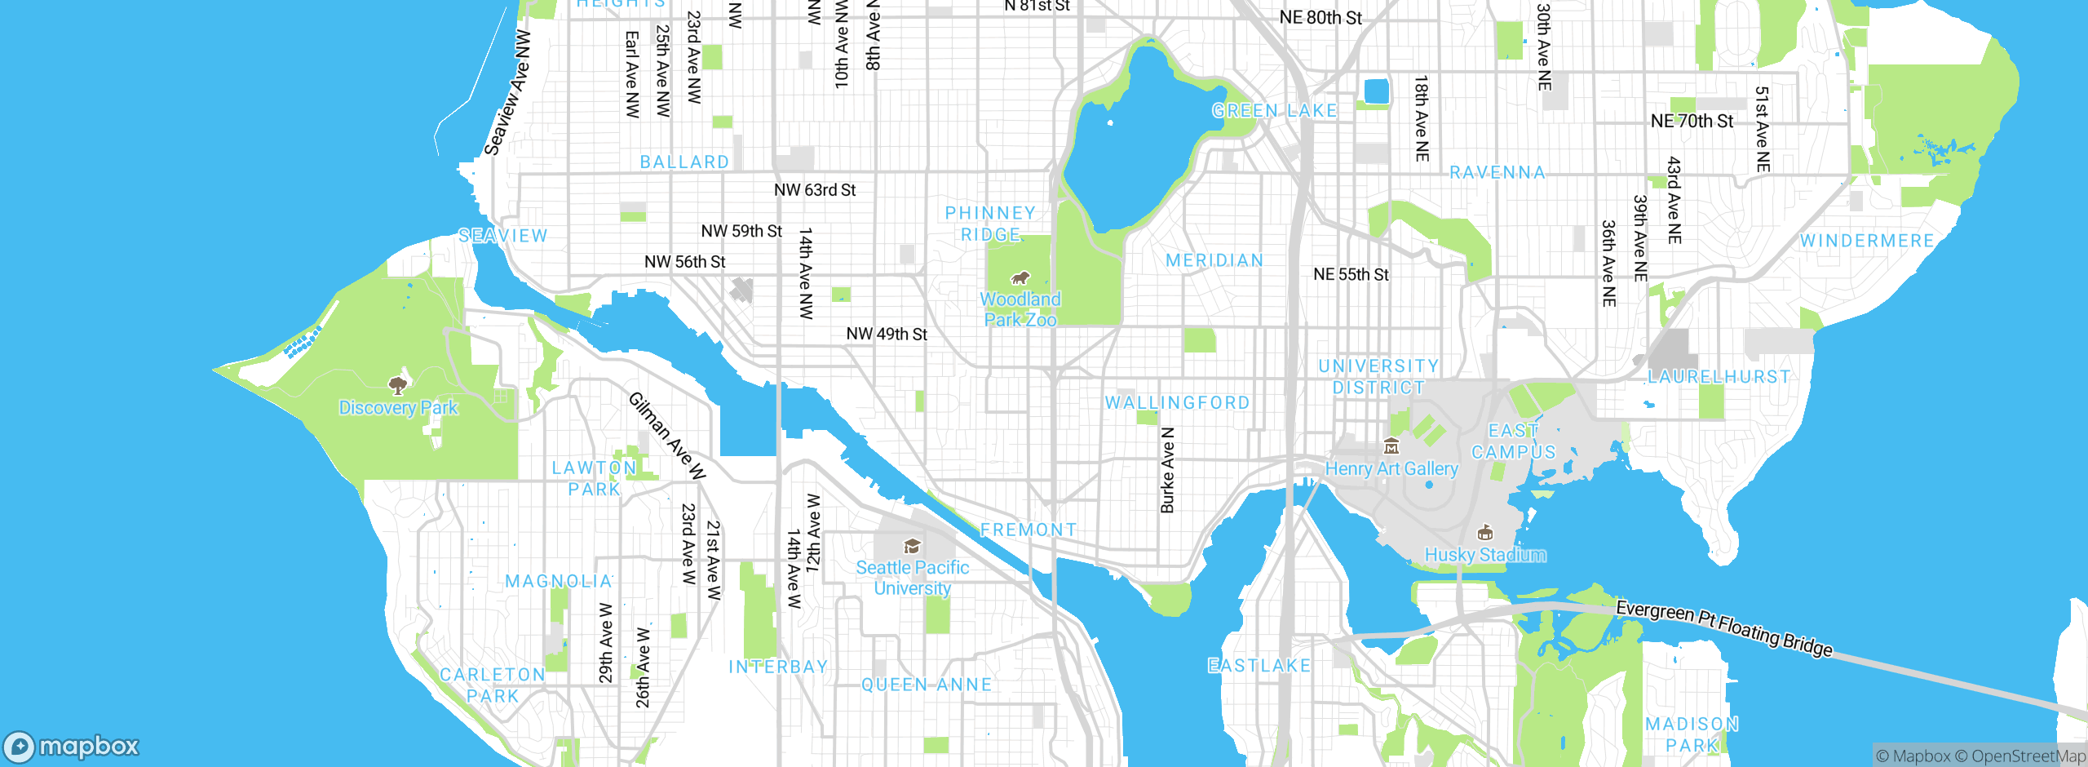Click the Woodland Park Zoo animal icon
click(x=1020, y=278)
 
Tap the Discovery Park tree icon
click(x=398, y=385)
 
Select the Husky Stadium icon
click(x=1485, y=533)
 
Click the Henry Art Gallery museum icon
click(x=1391, y=446)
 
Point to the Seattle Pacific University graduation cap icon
click(x=912, y=546)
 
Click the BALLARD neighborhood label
click(x=684, y=162)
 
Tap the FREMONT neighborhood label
click(x=1028, y=530)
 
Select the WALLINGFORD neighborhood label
click(x=1177, y=402)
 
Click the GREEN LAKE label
click(x=1274, y=111)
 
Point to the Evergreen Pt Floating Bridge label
click(x=1724, y=628)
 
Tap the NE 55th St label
click(x=1351, y=275)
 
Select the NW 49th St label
click(x=887, y=334)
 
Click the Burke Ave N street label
click(x=1168, y=470)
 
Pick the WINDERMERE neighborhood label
click(x=1867, y=242)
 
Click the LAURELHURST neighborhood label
click(x=1719, y=377)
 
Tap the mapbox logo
click(x=72, y=747)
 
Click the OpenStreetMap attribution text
click(x=2028, y=756)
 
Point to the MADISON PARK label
click(x=1692, y=734)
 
